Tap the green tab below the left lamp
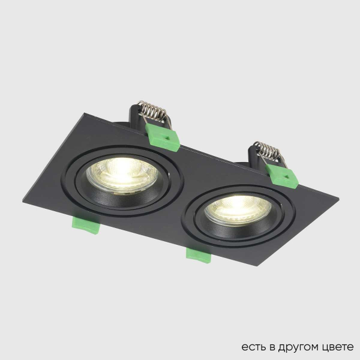pyautogui.click(x=85, y=224)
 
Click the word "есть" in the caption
pyautogui.click(x=252, y=347)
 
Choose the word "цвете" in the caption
pyautogui.click(x=338, y=347)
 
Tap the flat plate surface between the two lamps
pyautogui.click(x=180, y=180)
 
